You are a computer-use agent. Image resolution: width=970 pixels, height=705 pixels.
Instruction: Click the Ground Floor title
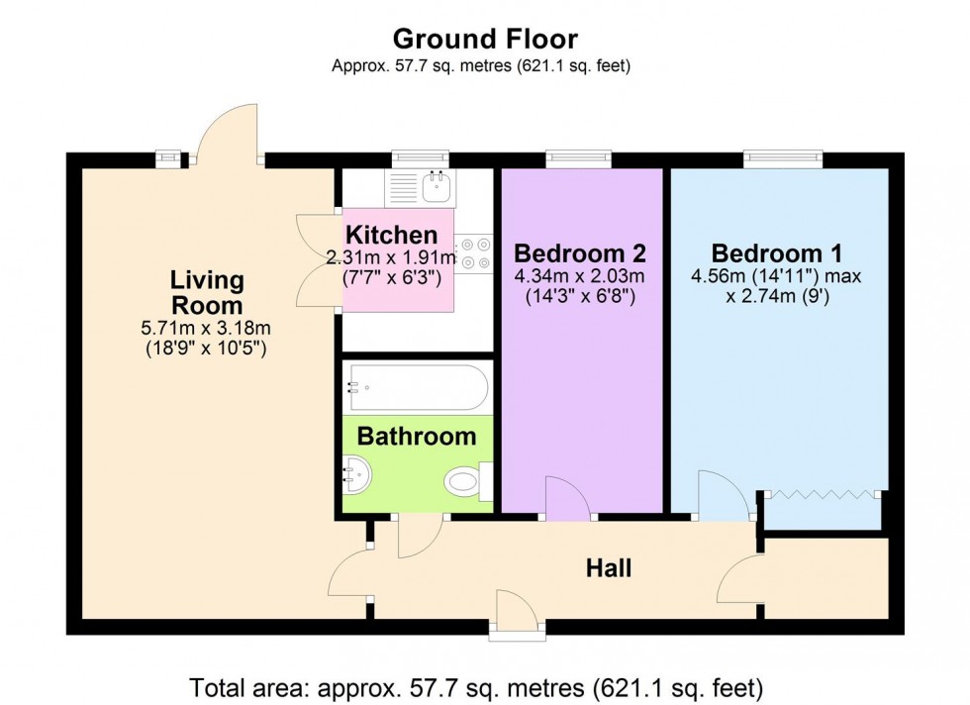point(485,39)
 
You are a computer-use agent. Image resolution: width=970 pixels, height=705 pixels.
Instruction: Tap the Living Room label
point(206,292)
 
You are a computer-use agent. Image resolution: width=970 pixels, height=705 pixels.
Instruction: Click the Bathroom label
point(416,437)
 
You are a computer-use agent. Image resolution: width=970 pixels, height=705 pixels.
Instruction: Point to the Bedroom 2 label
point(580,251)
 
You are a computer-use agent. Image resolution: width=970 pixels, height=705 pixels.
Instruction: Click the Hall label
point(608,568)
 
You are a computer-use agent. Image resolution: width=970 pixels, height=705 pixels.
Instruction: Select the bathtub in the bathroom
point(416,388)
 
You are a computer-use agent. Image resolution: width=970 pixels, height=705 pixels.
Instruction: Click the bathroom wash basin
point(358,475)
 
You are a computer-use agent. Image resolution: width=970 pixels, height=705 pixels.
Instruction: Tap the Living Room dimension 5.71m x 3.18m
point(206,329)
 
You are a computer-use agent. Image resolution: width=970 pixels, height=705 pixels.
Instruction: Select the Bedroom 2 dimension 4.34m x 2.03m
point(580,276)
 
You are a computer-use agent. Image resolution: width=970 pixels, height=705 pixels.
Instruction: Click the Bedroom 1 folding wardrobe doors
point(821,492)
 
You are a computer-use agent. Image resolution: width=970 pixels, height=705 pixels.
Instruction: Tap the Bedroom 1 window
point(783,157)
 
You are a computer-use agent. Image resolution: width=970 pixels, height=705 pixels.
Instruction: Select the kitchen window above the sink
point(420,157)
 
